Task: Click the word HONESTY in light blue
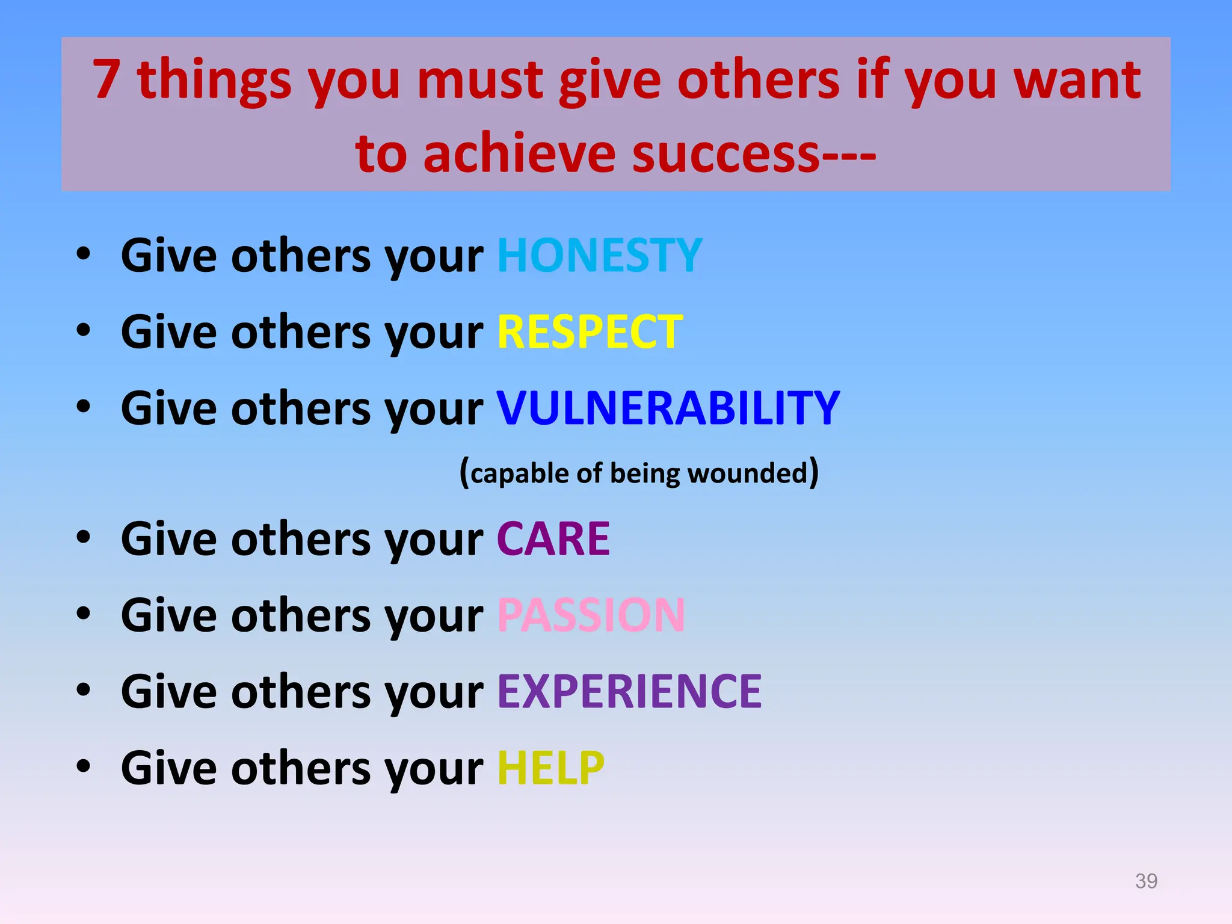(x=599, y=256)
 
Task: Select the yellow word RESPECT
(x=590, y=332)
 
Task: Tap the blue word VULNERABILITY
(x=668, y=408)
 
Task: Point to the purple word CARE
(x=553, y=539)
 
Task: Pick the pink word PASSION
(x=591, y=615)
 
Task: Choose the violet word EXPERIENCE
(x=629, y=692)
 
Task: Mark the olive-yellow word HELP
(x=550, y=768)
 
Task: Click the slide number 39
(x=1146, y=881)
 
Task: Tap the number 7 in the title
(x=106, y=79)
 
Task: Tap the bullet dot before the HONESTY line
(x=84, y=254)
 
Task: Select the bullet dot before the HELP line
(x=84, y=766)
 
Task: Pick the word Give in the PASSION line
(x=168, y=615)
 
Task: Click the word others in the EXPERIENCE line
(x=301, y=692)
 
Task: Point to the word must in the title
(x=480, y=81)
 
